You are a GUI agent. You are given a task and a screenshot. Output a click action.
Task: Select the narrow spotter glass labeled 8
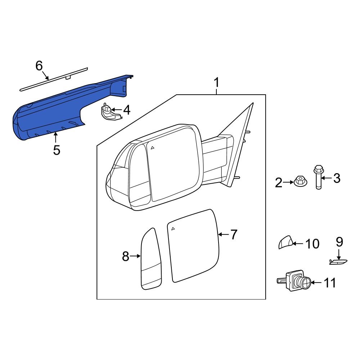click(151, 259)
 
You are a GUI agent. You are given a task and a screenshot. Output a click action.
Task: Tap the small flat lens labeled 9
click(338, 262)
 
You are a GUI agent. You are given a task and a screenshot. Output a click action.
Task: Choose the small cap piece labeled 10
click(285, 243)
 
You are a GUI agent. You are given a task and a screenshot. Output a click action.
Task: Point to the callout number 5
click(57, 150)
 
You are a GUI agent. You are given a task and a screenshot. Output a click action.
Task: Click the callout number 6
click(39, 66)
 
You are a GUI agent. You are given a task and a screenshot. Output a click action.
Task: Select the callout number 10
click(312, 244)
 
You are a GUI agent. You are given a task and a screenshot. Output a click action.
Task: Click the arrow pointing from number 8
click(135, 256)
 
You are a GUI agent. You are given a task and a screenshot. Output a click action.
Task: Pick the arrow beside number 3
click(326, 178)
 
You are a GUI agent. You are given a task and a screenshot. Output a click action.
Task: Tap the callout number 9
click(339, 242)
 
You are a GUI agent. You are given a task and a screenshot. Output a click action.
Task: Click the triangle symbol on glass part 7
click(173, 228)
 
